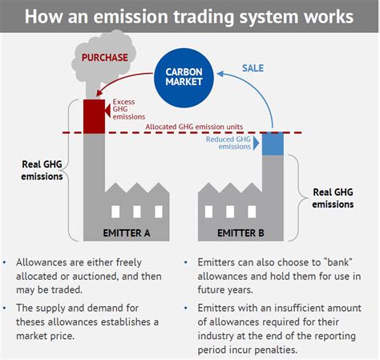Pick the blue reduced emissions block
click(273, 143)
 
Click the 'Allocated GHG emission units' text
click(194, 126)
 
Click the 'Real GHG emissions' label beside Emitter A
click(42, 171)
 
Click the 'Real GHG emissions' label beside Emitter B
click(332, 198)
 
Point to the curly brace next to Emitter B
click(299, 198)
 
